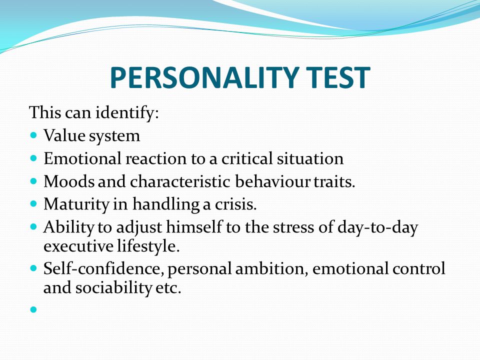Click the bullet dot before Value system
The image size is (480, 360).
tap(33, 134)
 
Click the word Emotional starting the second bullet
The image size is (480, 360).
tap(82, 158)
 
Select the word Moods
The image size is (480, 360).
tap(69, 181)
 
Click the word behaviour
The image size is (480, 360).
tap(272, 181)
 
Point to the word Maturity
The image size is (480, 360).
tap(76, 204)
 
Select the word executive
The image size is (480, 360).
tap(78, 246)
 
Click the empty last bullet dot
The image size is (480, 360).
tap(33, 309)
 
